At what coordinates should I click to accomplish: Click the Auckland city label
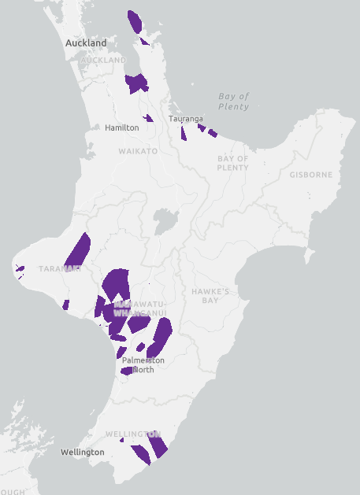pos(86,42)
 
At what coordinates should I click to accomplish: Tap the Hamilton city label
pos(122,127)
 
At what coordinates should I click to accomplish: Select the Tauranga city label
pos(186,119)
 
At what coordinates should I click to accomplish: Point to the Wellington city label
pos(82,452)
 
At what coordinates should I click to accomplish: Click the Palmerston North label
pos(143,364)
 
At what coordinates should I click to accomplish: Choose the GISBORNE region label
pos(310,174)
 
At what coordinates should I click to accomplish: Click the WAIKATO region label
pos(138,150)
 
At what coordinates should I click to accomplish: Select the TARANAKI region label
pos(61,268)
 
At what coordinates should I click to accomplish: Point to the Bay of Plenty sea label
pos(234,101)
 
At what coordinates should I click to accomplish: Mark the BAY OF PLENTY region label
pos(232,163)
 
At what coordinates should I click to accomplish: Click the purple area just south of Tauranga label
pos(184,133)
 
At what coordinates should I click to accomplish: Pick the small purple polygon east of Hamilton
pos(147,118)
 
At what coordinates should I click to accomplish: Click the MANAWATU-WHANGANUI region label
pos(139,308)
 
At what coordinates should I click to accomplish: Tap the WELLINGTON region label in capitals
pos(132,434)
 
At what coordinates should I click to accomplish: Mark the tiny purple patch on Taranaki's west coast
pos(20,269)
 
